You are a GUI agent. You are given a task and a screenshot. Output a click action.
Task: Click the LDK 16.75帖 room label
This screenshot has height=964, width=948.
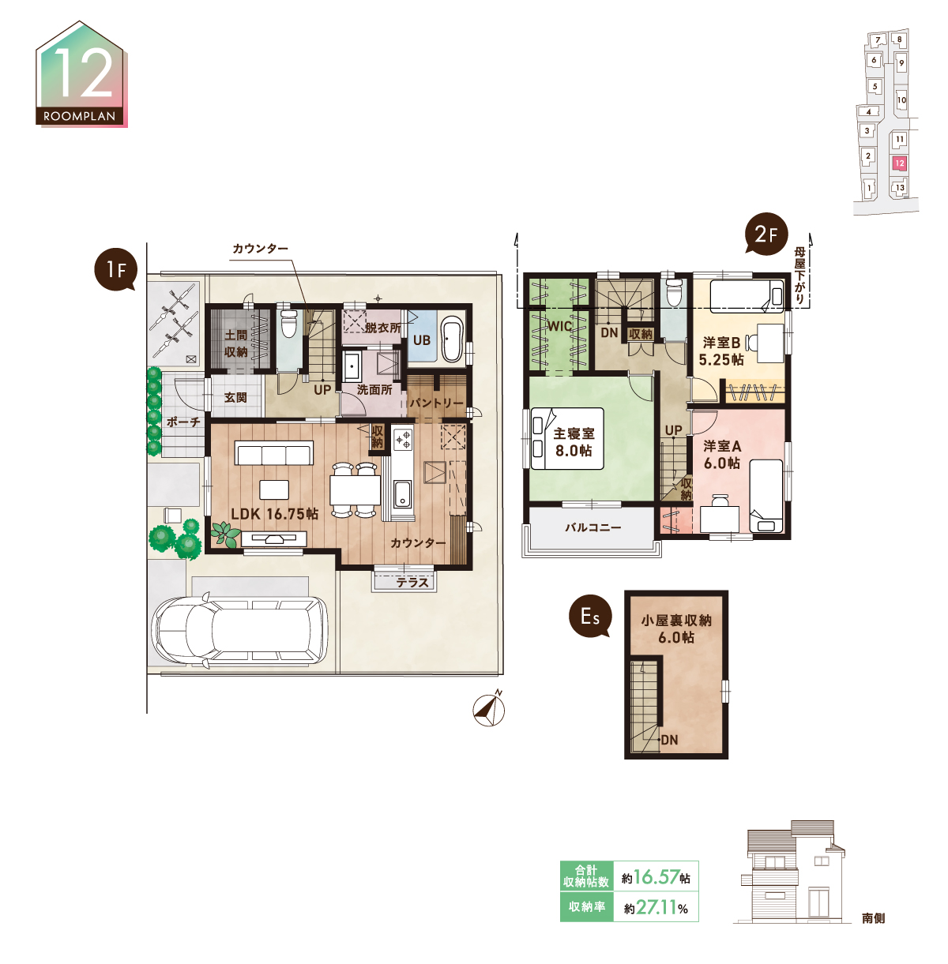click(x=274, y=514)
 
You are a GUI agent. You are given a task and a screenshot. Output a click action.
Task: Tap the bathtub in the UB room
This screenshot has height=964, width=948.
click(x=452, y=339)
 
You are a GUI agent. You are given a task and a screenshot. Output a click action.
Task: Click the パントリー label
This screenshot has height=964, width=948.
click(x=436, y=403)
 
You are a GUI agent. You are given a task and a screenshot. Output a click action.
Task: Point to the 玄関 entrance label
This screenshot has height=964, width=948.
click(x=235, y=398)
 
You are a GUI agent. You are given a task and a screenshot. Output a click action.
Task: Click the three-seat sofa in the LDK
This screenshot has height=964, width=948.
click(x=274, y=453)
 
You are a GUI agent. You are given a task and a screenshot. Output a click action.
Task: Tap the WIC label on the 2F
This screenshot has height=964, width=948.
click(x=559, y=327)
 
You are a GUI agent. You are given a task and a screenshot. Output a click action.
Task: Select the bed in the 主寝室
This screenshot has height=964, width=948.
click(x=567, y=438)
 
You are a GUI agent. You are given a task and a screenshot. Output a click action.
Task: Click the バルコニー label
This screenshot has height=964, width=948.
click(x=593, y=527)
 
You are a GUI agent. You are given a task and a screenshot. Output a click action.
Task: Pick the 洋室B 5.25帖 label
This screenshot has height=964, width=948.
click(x=721, y=351)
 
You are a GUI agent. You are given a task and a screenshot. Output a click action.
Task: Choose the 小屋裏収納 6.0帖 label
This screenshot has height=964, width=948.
click(x=676, y=628)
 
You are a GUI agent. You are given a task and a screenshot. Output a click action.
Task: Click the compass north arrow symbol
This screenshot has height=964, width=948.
click(x=489, y=709)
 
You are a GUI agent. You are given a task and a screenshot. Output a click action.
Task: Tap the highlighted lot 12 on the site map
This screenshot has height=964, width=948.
click(x=900, y=163)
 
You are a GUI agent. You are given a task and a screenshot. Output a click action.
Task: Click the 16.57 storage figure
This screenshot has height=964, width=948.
click(x=656, y=877)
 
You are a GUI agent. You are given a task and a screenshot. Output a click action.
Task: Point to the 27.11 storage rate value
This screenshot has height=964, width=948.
click(x=656, y=907)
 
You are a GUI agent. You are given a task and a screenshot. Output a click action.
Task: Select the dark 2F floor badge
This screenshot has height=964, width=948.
click(x=766, y=234)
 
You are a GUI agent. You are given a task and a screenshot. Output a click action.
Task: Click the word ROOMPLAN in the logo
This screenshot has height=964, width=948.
click(x=80, y=117)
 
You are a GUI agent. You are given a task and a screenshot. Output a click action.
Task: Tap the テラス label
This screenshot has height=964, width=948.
click(x=412, y=583)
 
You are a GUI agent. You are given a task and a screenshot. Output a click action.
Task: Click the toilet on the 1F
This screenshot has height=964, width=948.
click(x=288, y=323)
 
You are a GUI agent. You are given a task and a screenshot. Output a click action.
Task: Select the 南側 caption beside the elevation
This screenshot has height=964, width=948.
click(x=873, y=918)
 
